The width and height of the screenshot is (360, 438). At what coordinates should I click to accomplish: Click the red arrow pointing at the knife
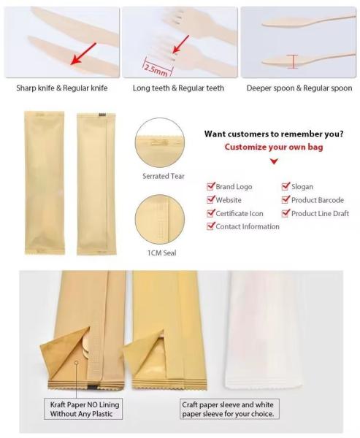(83, 53)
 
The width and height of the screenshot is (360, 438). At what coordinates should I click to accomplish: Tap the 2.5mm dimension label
(156, 70)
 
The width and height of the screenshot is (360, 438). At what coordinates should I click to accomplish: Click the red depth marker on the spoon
(294, 61)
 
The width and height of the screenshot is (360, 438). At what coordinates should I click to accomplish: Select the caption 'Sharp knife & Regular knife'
(62, 88)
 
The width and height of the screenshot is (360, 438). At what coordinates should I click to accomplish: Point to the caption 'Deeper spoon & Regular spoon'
(299, 88)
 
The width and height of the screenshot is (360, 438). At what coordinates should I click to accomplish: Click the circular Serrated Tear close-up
(160, 143)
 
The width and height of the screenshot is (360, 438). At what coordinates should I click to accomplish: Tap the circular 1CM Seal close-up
(160, 219)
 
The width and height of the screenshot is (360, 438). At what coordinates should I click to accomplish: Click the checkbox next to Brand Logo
(211, 186)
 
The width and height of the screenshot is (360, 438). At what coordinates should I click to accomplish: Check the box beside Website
(211, 200)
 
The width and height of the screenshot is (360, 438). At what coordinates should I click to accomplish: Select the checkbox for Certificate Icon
(211, 213)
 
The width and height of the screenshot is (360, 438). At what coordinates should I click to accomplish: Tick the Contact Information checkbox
(211, 226)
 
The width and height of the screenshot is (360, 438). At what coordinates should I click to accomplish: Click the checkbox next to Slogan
(286, 186)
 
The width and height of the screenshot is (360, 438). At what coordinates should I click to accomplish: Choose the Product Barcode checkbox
(286, 200)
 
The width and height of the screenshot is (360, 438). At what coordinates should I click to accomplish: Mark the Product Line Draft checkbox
(286, 213)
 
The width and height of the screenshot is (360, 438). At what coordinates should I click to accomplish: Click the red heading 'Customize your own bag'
(274, 147)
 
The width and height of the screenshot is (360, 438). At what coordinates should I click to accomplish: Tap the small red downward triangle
(274, 161)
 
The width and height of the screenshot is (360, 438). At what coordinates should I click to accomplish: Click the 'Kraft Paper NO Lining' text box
(83, 409)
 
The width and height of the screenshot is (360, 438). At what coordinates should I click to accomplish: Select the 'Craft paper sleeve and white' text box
(229, 409)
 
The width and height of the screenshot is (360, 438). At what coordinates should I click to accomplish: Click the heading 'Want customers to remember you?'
(274, 134)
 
